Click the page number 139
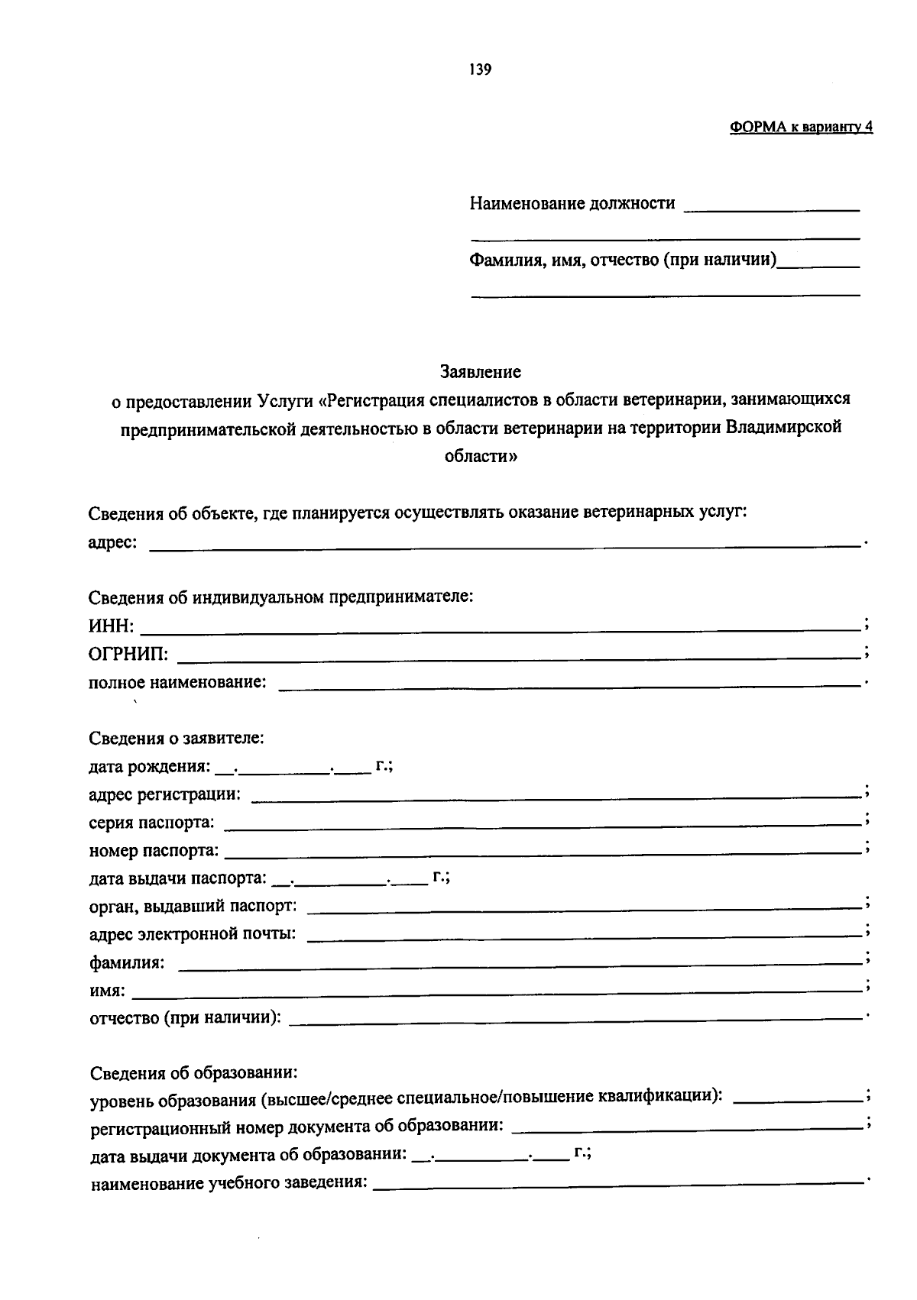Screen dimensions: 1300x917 coord(481,70)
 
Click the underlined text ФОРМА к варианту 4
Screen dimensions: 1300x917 coord(801,128)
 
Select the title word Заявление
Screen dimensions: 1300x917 coord(481,372)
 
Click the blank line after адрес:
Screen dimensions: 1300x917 coord(504,543)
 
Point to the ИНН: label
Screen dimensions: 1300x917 coord(112,626)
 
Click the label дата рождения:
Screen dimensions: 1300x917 coord(150,766)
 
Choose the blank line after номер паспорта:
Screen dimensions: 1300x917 coord(543,850)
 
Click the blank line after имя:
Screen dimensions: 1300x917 coord(497,991)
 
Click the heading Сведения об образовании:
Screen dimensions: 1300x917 coord(193,1073)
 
